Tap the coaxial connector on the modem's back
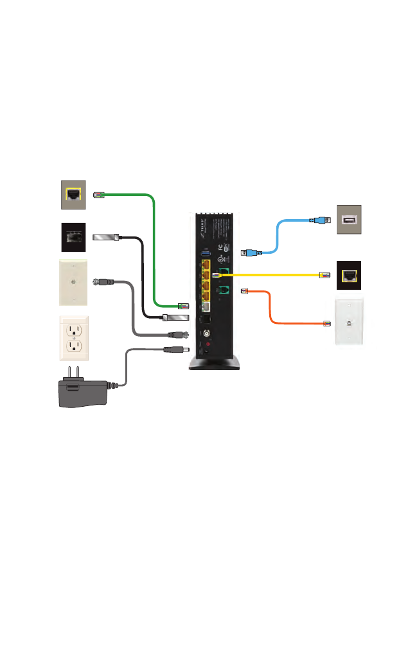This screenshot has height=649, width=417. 207,334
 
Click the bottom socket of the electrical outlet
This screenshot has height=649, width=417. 74,347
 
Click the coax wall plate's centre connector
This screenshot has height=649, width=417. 73,281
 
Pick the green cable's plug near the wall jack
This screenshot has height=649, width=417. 100,194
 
